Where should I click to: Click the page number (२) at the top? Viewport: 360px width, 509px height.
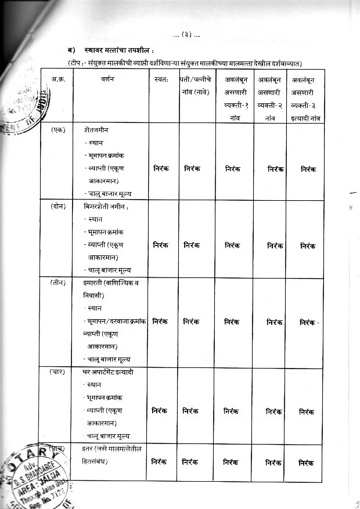point(186,35)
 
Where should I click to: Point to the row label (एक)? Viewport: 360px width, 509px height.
point(57,130)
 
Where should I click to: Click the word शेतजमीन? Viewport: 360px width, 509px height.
point(96,130)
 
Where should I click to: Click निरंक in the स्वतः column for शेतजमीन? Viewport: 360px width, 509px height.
point(161,169)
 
